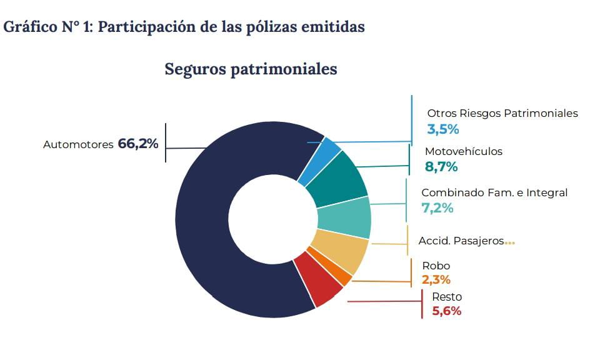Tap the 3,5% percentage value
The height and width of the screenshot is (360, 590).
[443, 129]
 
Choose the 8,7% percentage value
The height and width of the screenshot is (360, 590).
[441, 167]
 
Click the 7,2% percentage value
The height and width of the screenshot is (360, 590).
[437, 208]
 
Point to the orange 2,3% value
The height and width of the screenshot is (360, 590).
[436, 280]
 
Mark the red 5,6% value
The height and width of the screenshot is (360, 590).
[447, 311]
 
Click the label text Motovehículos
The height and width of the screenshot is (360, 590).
[463, 151]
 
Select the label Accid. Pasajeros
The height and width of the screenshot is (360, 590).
[461, 241]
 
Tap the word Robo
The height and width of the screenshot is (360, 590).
[436, 266]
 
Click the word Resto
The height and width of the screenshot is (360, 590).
[447, 297]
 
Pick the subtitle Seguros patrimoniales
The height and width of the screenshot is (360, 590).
[251, 69]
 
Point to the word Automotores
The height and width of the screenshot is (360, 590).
[78, 145]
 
